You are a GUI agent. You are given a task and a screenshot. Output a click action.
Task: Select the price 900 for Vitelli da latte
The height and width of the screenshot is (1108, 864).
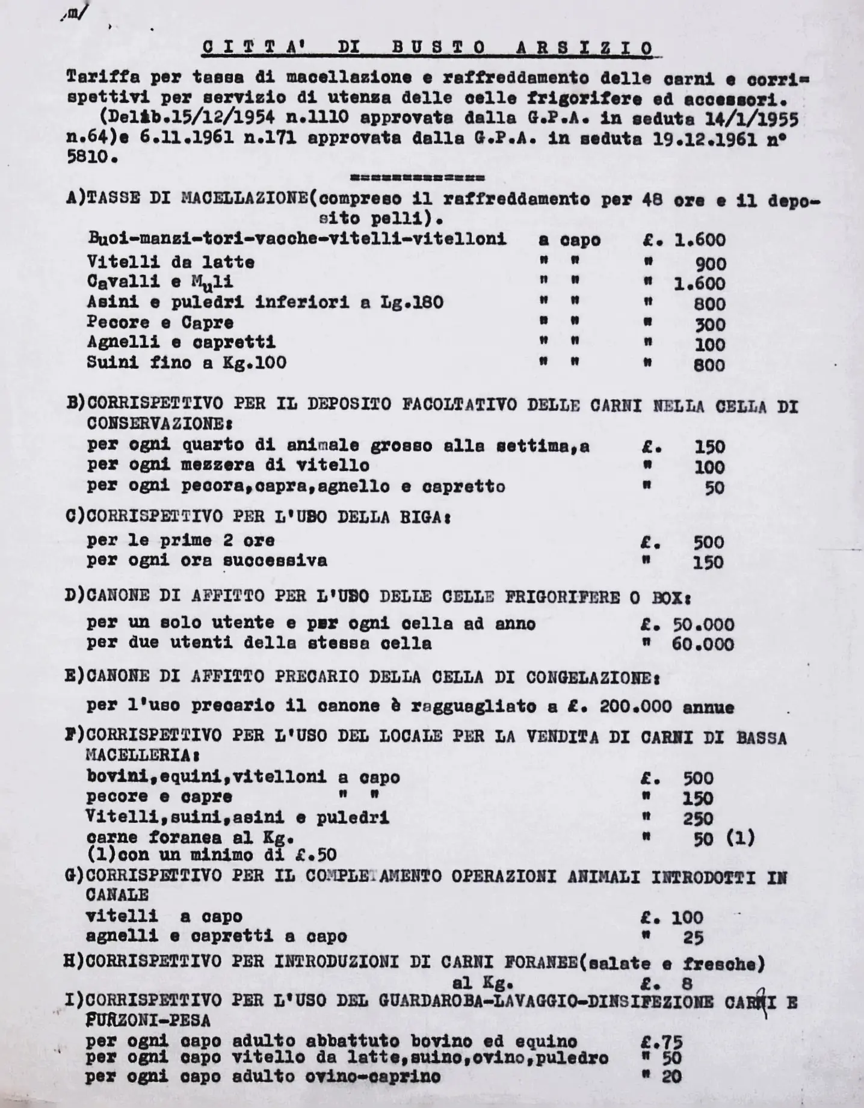click(x=711, y=263)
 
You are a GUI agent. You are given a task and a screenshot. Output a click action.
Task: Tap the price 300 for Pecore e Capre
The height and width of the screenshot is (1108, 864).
click(x=711, y=325)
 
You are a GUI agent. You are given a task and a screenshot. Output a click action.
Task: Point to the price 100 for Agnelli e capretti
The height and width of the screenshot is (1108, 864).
click(x=711, y=345)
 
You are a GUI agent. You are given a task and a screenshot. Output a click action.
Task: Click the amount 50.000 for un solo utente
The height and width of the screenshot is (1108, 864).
click(x=703, y=624)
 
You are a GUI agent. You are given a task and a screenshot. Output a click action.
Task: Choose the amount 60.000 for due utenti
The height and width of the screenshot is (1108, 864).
click(x=703, y=645)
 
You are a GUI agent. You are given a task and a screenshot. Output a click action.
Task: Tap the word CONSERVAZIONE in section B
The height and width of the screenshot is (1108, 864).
click(x=156, y=424)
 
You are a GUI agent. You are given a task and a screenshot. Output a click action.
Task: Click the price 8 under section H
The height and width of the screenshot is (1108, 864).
click(x=687, y=983)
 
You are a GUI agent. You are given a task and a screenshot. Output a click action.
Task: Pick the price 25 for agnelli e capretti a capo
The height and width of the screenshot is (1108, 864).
click(x=693, y=937)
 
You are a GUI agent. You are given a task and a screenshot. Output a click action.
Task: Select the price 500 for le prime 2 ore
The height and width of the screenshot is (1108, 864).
click(x=709, y=542)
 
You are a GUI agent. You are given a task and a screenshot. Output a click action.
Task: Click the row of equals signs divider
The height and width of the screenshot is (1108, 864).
click(x=417, y=179)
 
